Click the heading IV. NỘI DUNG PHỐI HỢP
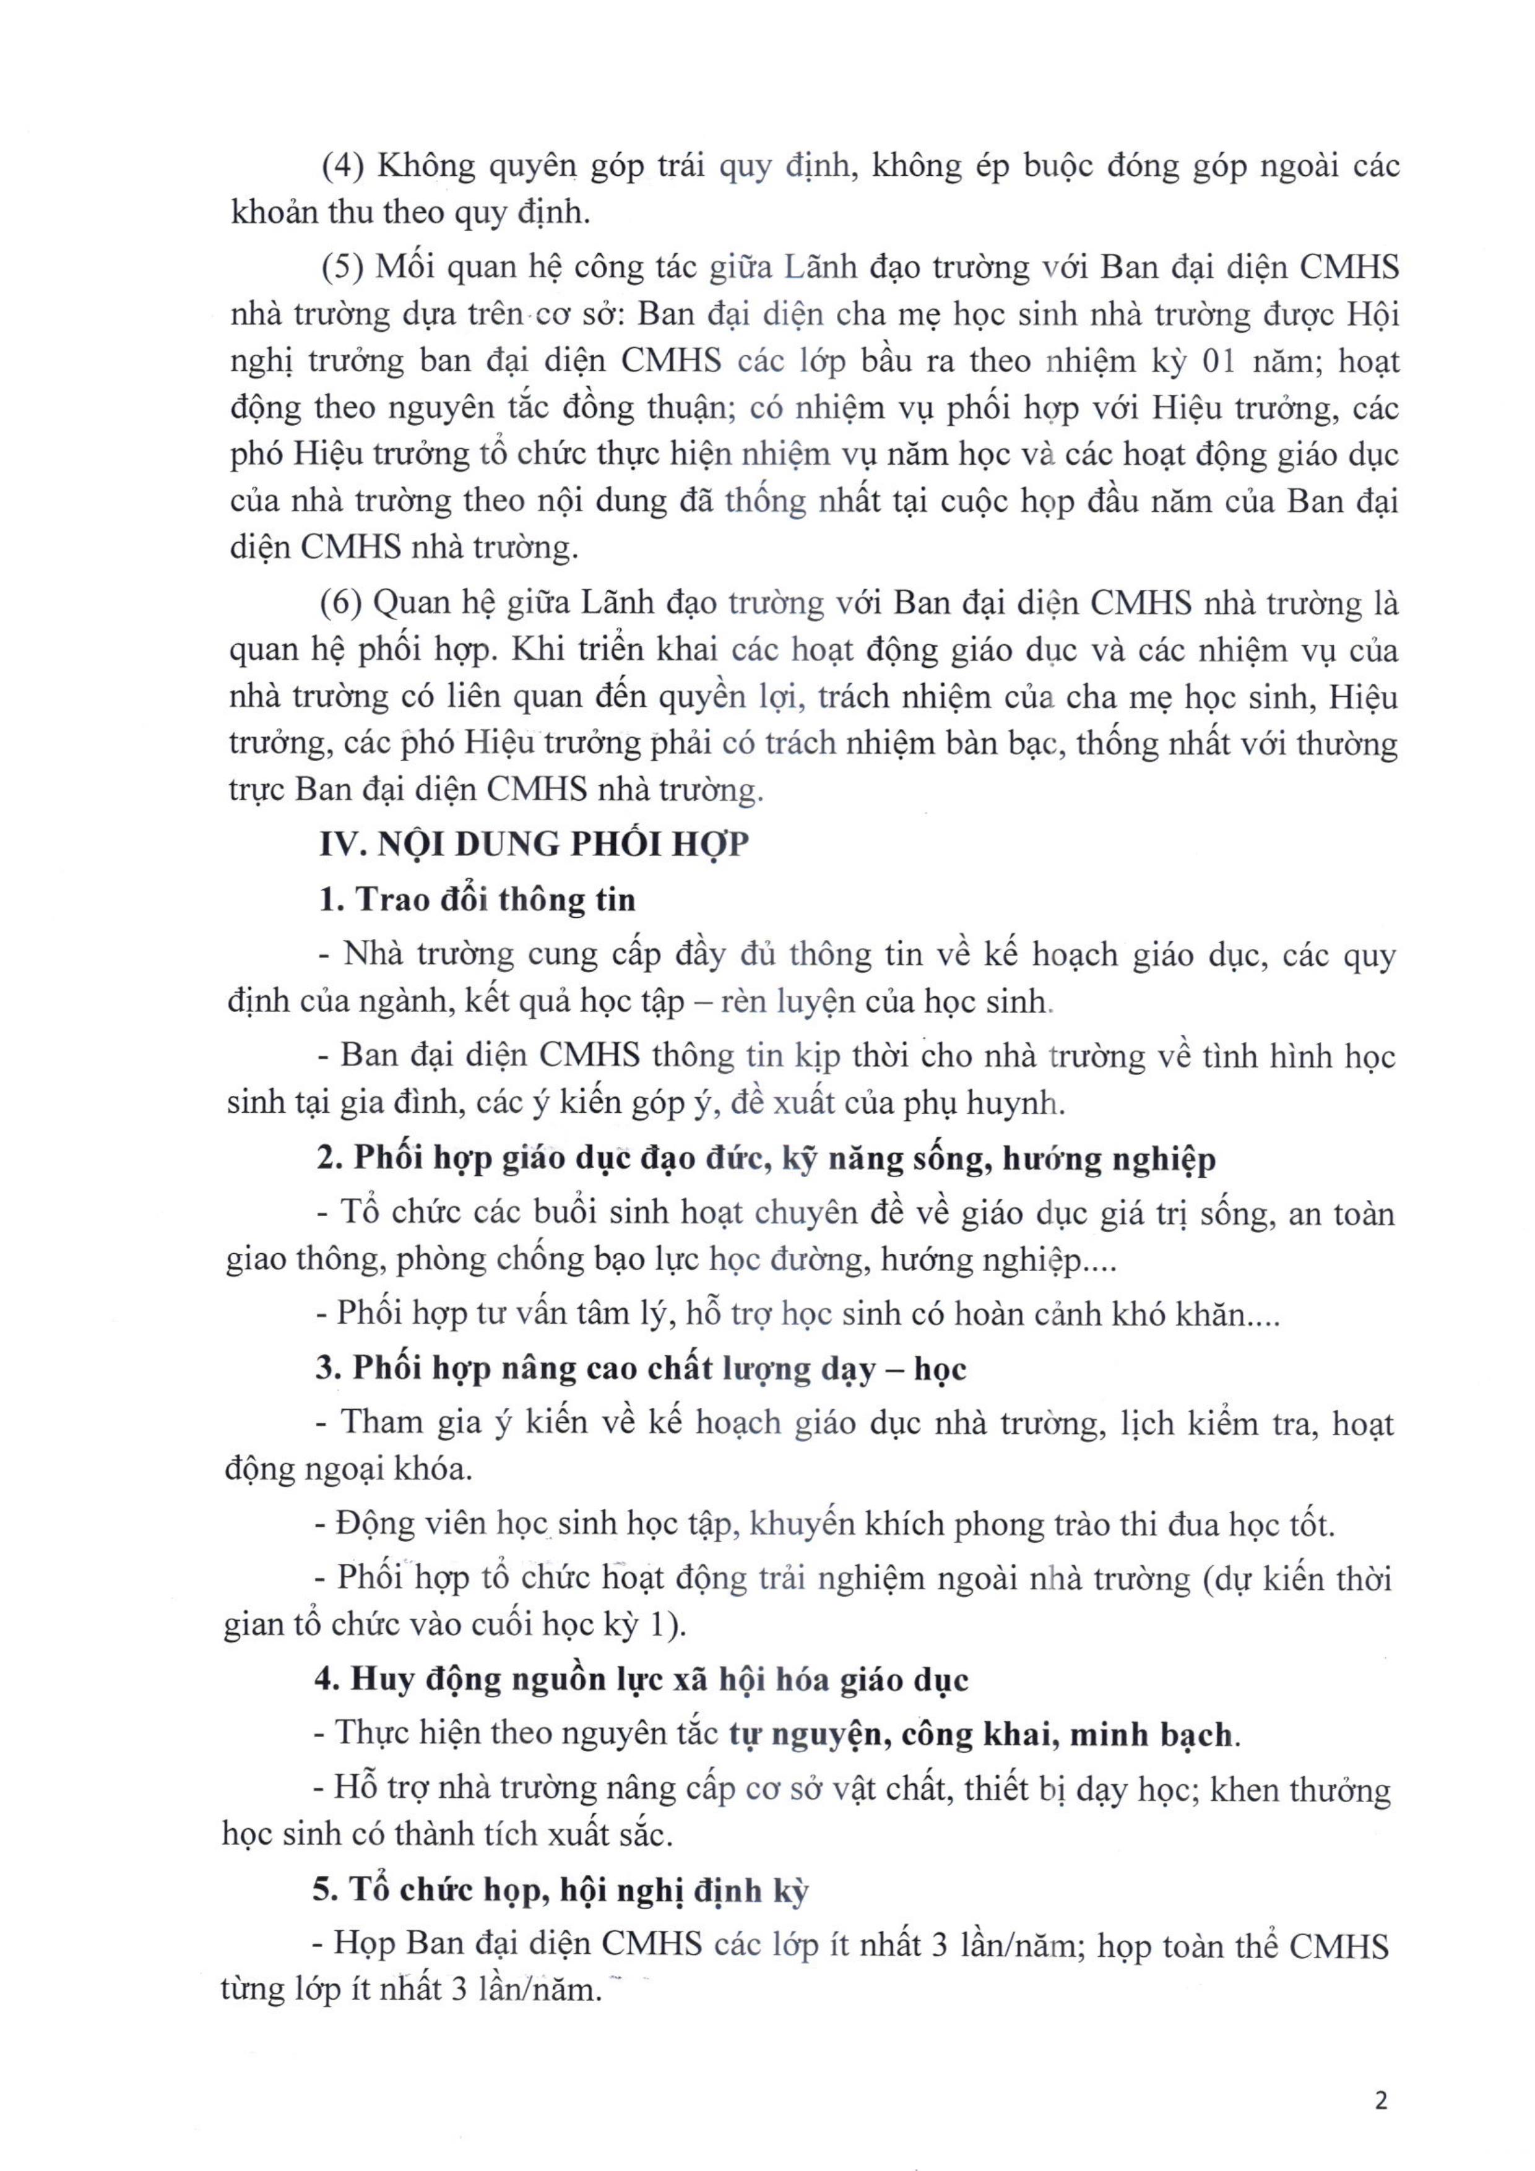tap(534, 844)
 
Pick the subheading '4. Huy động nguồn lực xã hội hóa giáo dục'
tap(641, 1680)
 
